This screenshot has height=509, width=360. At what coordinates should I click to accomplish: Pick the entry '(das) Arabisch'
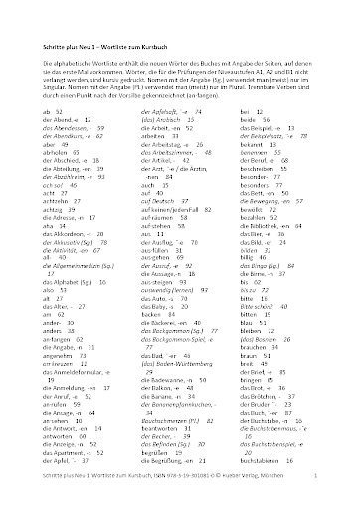coord(154,120)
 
